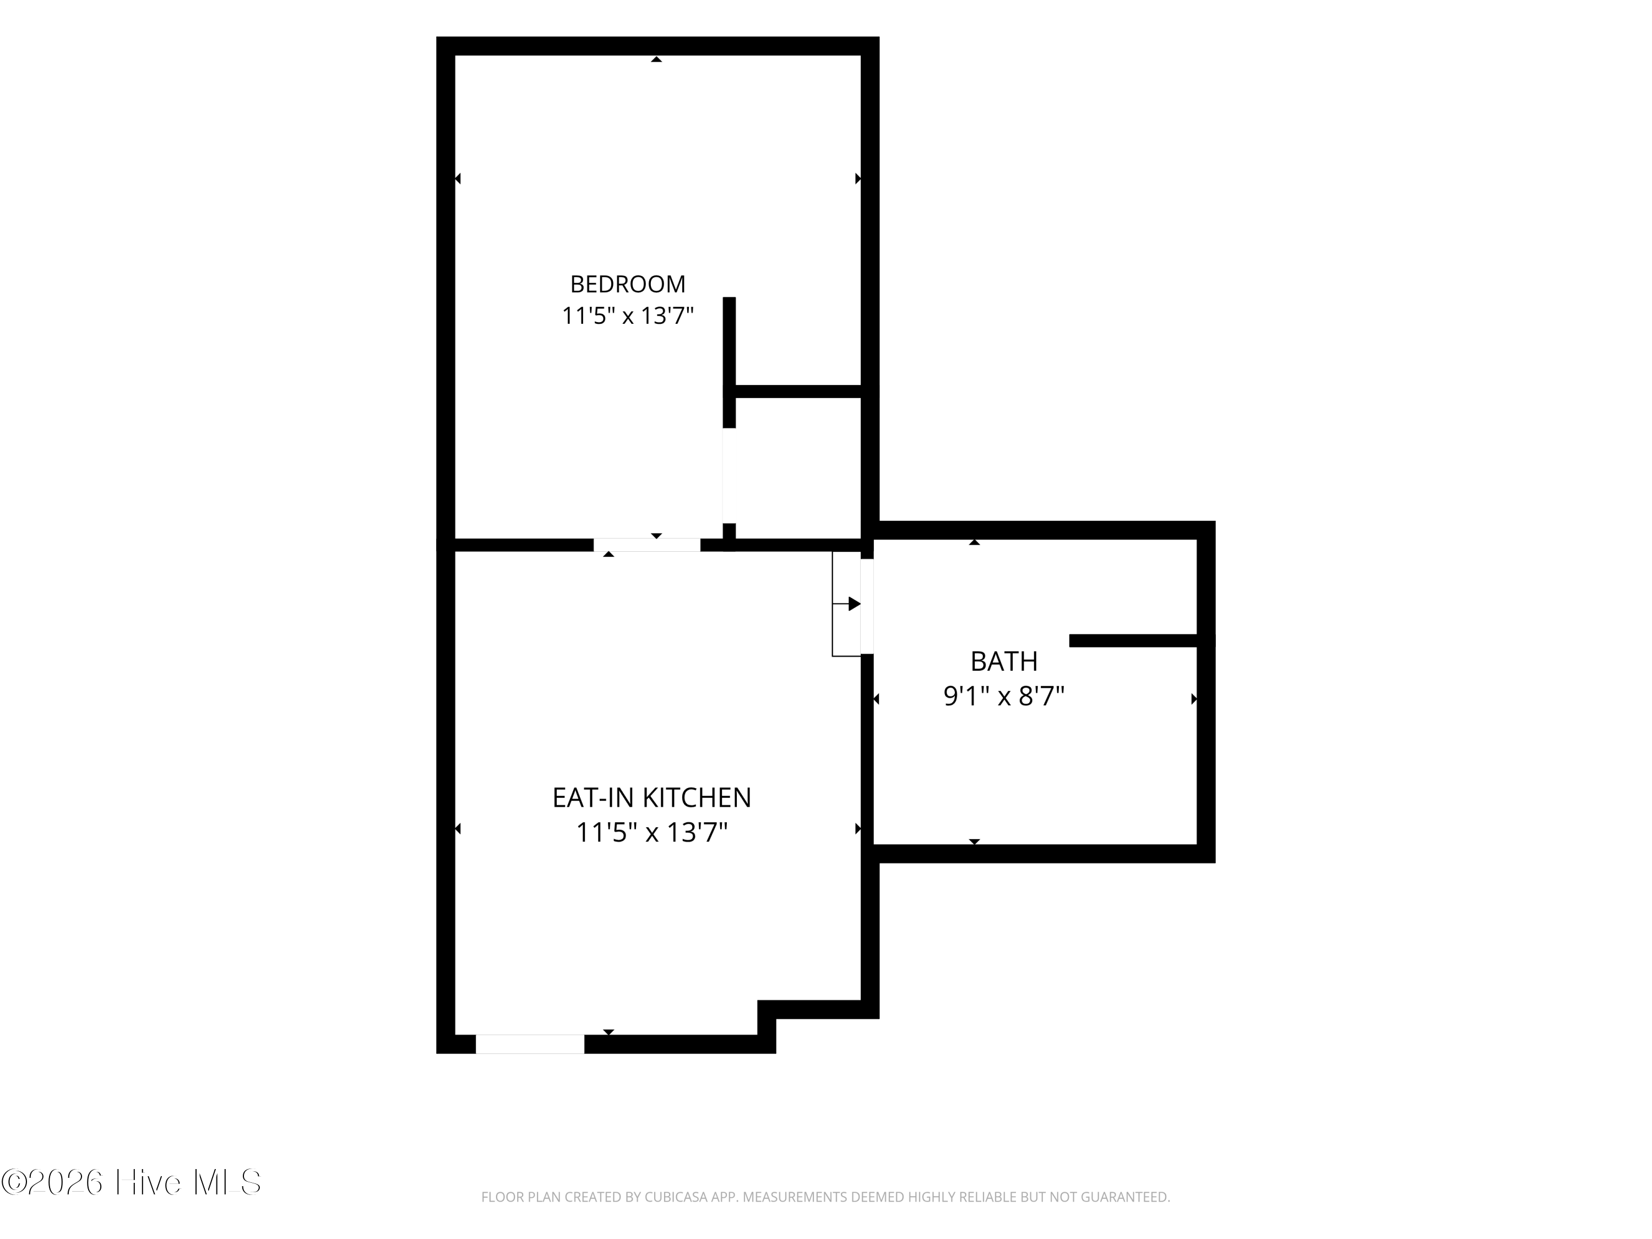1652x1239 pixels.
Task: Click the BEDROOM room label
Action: point(627,284)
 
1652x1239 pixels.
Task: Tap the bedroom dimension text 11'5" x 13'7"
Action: point(627,316)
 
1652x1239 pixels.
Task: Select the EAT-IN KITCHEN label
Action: point(651,797)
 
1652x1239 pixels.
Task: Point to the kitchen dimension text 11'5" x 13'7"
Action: point(651,832)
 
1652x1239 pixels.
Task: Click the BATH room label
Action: point(1004,661)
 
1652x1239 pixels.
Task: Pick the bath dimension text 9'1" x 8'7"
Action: point(1004,696)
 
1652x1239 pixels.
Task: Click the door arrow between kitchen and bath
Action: point(847,604)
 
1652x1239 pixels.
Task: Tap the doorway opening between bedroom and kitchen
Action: point(647,545)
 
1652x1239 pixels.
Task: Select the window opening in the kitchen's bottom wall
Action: point(530,1044)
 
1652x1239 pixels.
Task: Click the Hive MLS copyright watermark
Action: point(132,1182)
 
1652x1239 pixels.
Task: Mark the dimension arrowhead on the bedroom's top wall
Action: point(656,59)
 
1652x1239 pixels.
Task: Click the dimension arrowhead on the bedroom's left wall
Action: point(458,178)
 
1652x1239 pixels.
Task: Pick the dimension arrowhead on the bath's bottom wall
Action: point(974,841)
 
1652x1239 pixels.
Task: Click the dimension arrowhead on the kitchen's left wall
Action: point(458,828)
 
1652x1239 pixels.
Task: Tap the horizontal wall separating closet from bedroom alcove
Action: point(798,392)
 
